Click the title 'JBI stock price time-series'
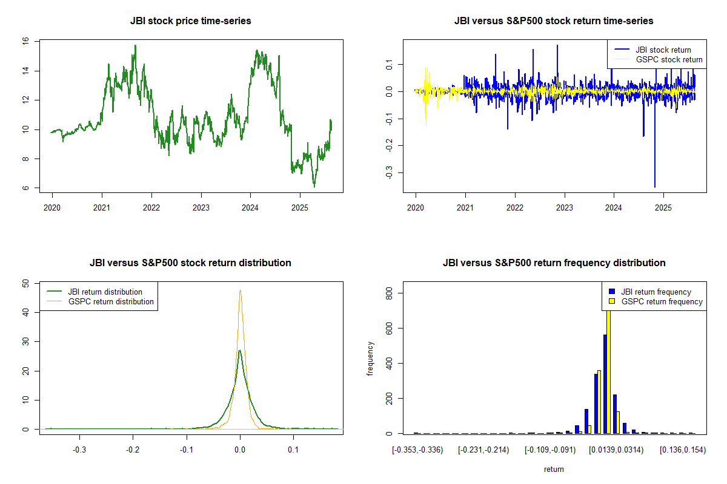coord(190,21)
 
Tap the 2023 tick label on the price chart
coord(201,206)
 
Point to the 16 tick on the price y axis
coord(25,42)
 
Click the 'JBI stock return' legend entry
coord(663,50)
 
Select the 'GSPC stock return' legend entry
coord(669,59)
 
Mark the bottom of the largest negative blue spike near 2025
coord(655,187)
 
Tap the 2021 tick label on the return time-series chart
coord(465,206)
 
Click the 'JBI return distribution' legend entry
coord(105,292)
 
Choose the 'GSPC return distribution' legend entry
coord(111,301)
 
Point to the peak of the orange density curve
coord(241,290)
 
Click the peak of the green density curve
coord(240,350)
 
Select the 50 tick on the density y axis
coord(25,283)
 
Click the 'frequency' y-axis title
coord(371,359)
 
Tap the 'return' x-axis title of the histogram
coord(554,469)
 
